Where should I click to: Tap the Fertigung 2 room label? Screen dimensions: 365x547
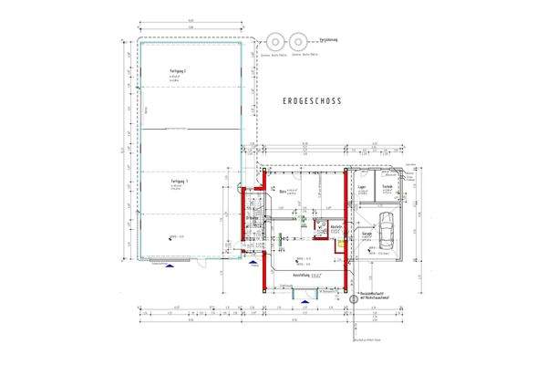tap(178, 70)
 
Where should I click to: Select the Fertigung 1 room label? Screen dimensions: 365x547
tap(177, 182)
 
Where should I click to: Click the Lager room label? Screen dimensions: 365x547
tap(362, 186)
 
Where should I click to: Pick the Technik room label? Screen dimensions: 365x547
tap(387, 186)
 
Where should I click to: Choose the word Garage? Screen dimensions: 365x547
tap(366, 234)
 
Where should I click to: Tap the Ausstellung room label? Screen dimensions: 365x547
tap(302, 275)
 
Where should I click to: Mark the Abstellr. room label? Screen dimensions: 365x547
tap(336, 227)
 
